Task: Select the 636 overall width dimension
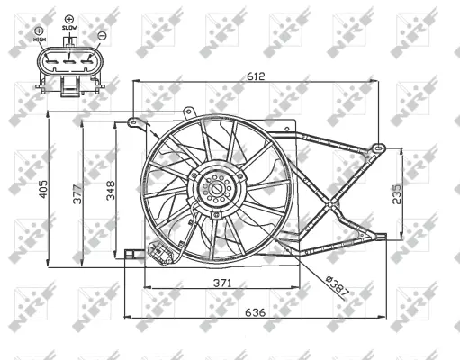(256, 314)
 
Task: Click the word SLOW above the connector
(69, 28)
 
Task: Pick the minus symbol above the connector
(101, 36)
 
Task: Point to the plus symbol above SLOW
(69, 17)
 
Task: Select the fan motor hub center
(217, 190)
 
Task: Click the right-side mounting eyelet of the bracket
(379, 144)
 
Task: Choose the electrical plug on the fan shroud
(163, 255)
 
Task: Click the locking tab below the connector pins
(70, 86)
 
